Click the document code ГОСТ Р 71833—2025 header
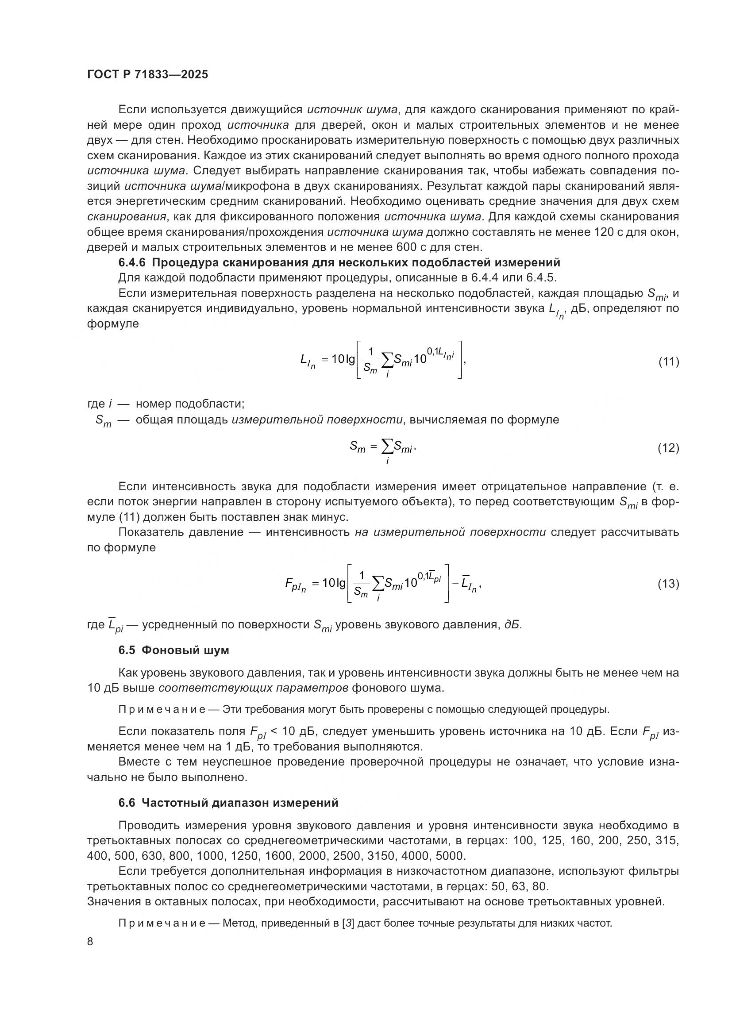coord(147,75)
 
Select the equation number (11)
coord(668,362)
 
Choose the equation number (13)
coord(668,584)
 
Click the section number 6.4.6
coord(132,262)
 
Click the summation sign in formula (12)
coord(387,447)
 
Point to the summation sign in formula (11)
coord(387,360)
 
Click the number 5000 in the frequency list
coord(451,856)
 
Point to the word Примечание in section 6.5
coord(162,709)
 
